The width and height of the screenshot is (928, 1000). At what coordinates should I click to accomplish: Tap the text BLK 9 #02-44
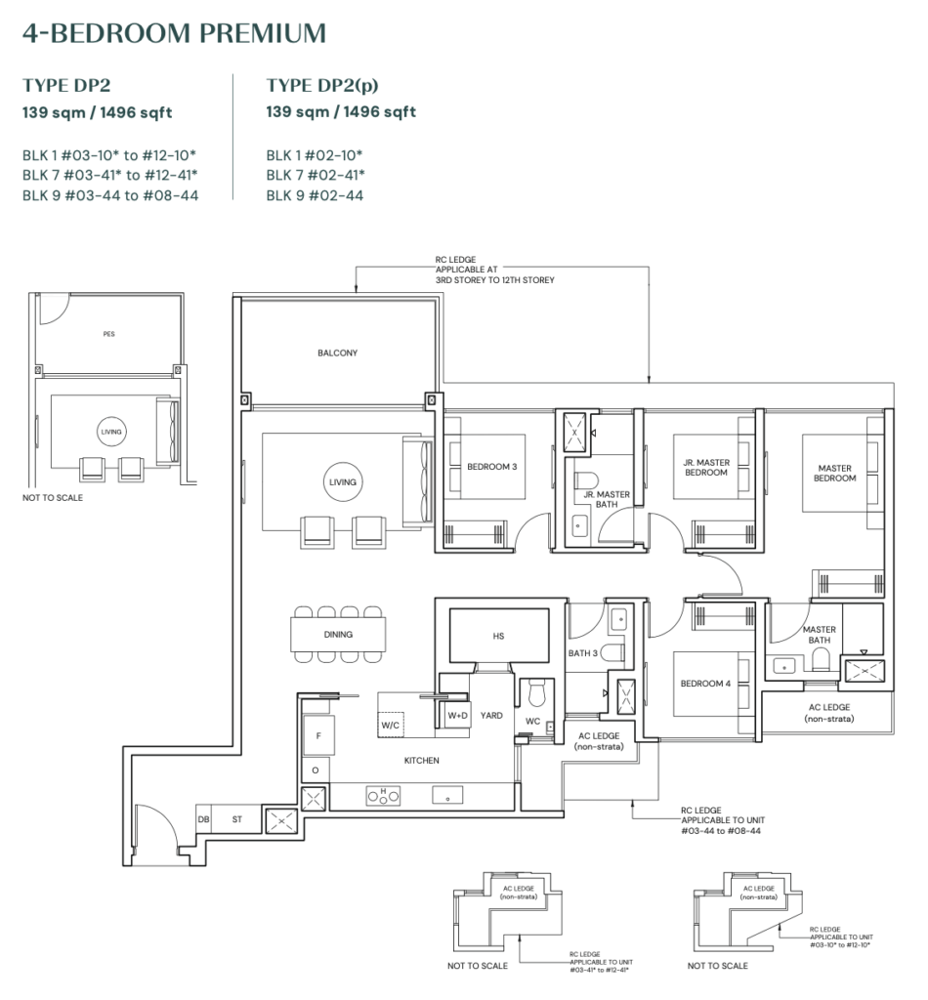pyautogui.click(x=315, y=195)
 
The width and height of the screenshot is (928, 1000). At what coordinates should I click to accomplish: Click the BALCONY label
pyautogui.click(x=337, y=353)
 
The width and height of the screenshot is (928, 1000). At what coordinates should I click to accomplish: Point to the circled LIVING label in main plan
pyautogui.click(x=343, y=482)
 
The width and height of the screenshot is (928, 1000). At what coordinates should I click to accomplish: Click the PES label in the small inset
pyautogui.click(x=108, y=334)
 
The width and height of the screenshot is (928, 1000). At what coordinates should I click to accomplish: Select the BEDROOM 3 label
pyautogui.click(x=491, y=467)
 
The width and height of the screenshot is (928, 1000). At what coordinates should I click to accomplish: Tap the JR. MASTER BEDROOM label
pyautogui.click(x=706, y=467)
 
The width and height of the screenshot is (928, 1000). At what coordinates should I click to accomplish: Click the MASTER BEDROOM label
pyautogui.click(x=835, y=473)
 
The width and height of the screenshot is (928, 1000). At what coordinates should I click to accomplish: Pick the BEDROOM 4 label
pyautogui.click(x=706, y=684)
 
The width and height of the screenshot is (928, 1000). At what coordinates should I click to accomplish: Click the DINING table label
pyautogui.click(x=338, y=634)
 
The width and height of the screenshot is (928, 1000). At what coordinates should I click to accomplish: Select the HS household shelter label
pyautogui.click(x=499, y=636)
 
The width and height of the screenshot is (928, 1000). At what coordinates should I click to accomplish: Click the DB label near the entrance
pyautogui.click(x=204, y=820)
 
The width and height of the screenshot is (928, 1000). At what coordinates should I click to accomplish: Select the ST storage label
pyautogui.click(x=236, y=820)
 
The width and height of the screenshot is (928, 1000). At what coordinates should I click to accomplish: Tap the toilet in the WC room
pyautogui.click(x=534, y=694)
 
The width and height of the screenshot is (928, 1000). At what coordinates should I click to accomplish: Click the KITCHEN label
pyautogui.click(x=422, y=760)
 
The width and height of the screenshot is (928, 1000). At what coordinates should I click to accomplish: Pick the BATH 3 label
pyautogui.click(x=582, y=652)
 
